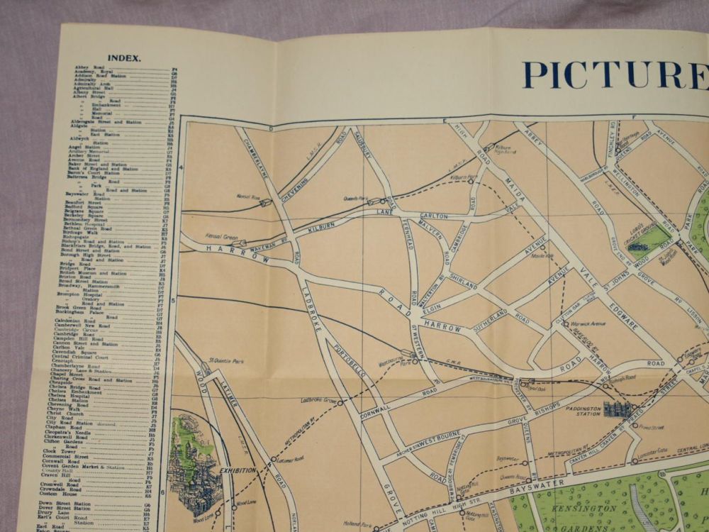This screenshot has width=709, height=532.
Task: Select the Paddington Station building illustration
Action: click(617, 409)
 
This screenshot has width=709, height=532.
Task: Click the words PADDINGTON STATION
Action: click(584, 412)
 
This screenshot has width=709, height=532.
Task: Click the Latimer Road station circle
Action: click(274, 459)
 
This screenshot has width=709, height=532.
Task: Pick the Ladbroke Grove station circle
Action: click(340, 403)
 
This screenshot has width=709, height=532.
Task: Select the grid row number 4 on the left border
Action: click(181, 167)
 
